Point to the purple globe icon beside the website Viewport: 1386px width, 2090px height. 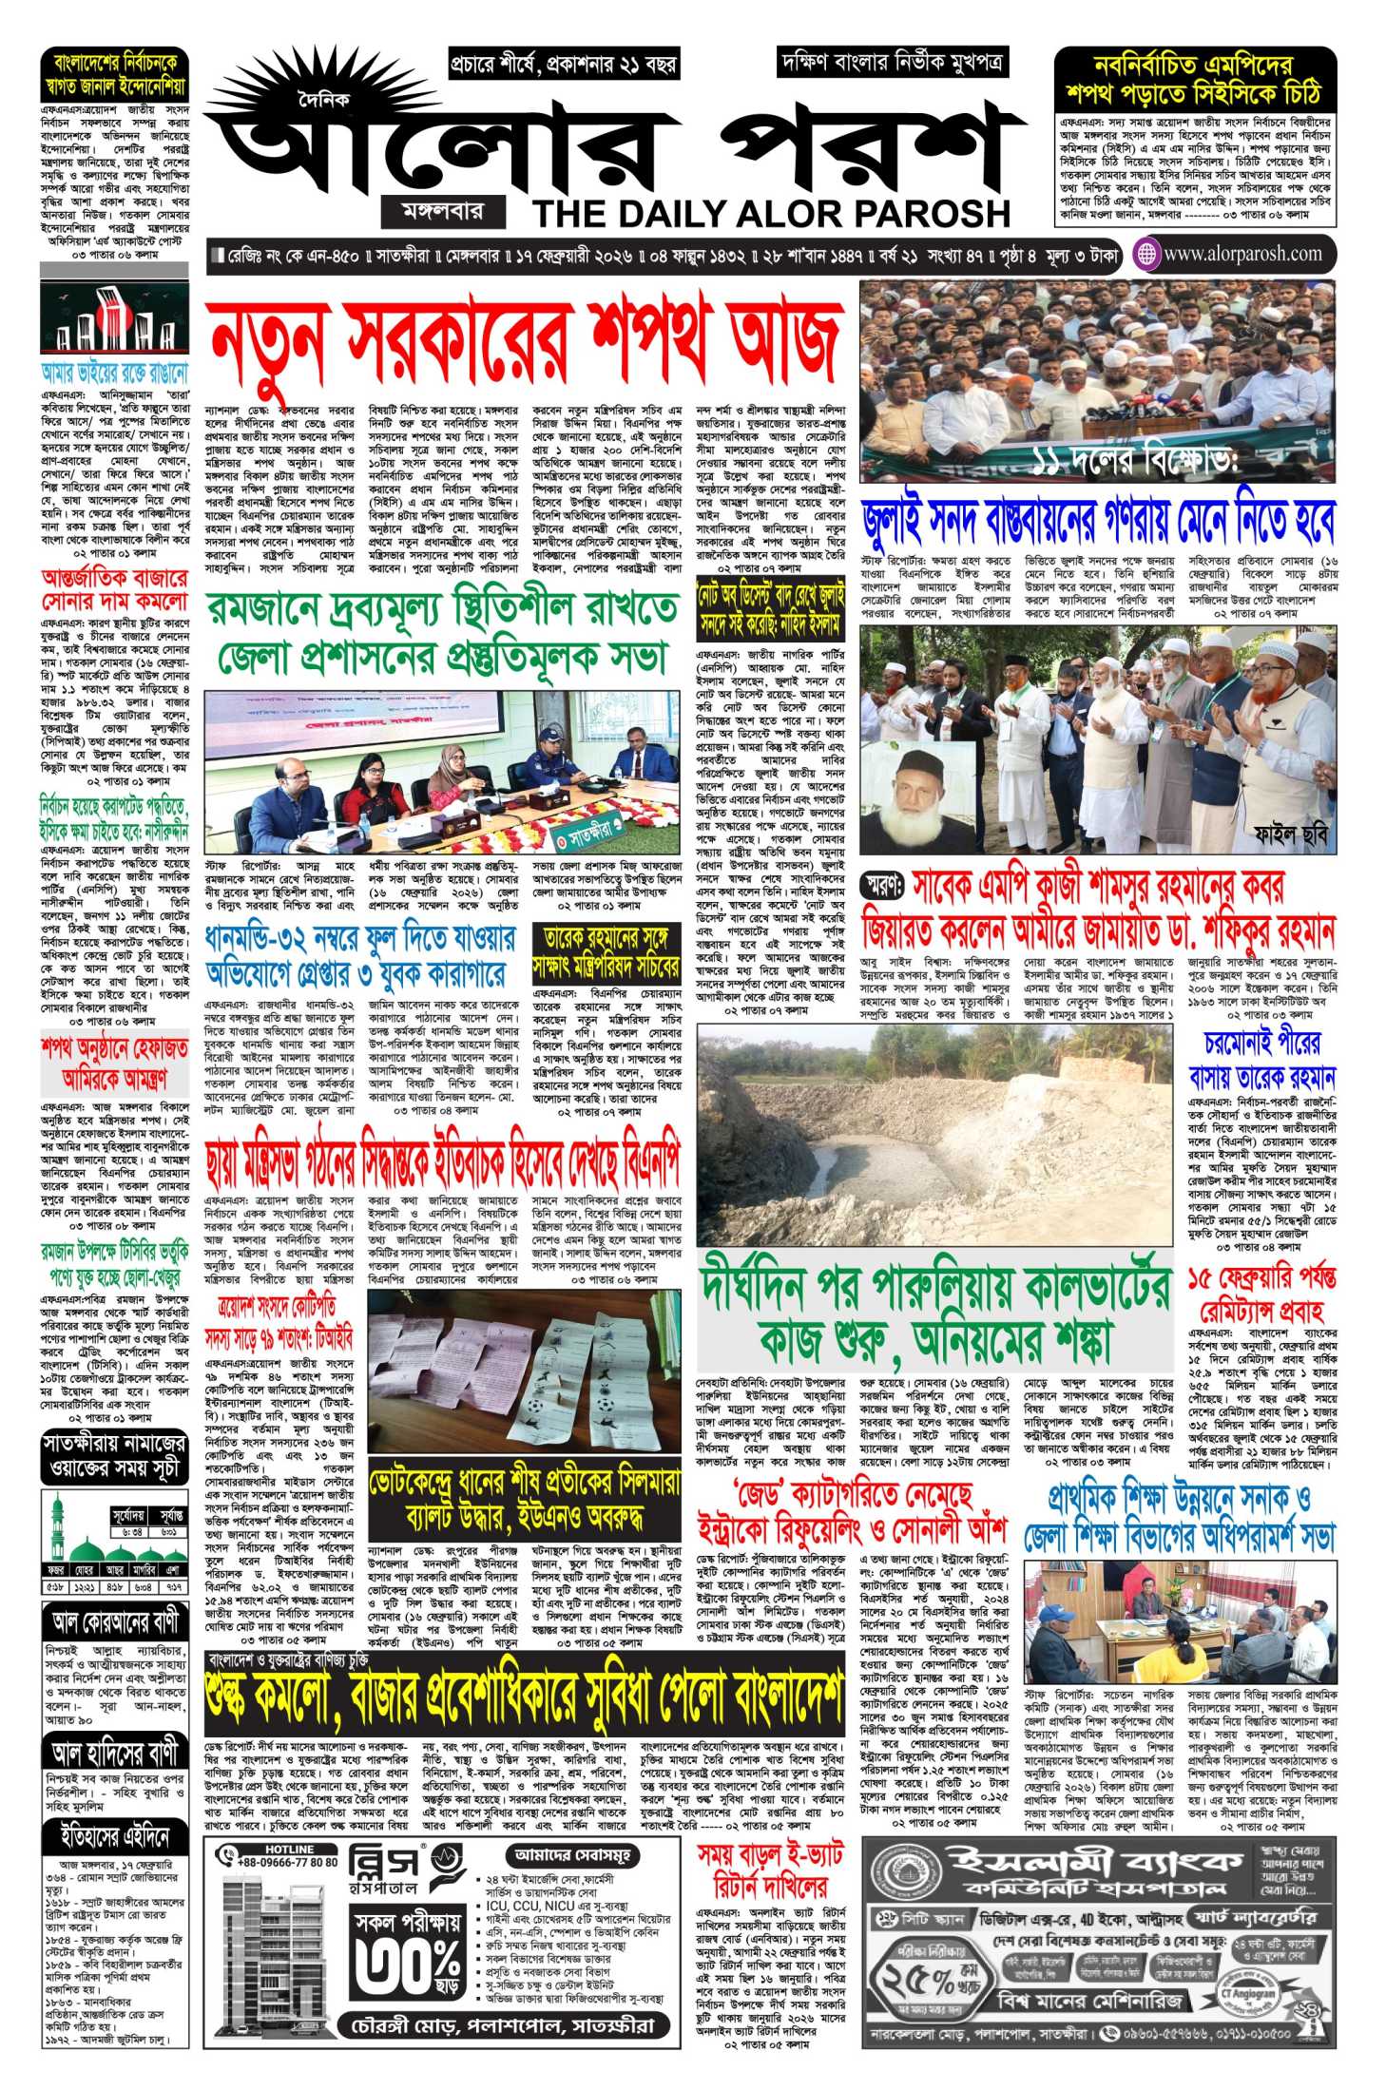tap(1147, 254)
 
